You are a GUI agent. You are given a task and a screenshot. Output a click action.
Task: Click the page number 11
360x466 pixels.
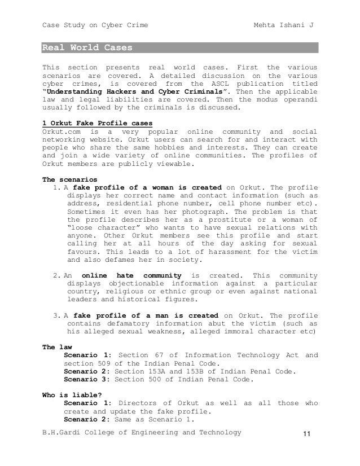(x=307, y=433)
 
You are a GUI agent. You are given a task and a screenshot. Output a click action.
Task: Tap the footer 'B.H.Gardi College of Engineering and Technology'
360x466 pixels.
(x=142, y=433)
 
